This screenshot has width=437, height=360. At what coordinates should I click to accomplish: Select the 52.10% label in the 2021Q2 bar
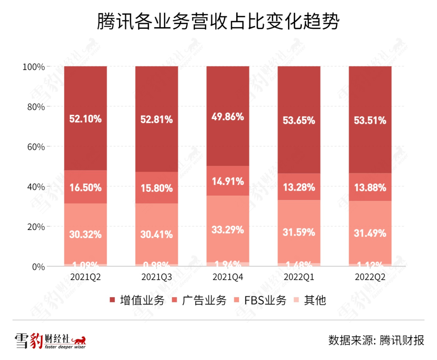85,119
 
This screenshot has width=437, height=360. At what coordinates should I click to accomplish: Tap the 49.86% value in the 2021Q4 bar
228,117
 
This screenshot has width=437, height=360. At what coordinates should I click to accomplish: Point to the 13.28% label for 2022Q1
299,188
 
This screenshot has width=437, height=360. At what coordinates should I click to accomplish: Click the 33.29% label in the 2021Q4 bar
228,230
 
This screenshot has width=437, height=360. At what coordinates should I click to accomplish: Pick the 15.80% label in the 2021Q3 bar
157,188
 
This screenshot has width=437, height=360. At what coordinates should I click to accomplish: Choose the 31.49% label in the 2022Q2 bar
370,233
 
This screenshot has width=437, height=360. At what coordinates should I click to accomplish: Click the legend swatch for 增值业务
113,300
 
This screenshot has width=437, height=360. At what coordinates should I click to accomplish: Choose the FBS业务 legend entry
265,300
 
